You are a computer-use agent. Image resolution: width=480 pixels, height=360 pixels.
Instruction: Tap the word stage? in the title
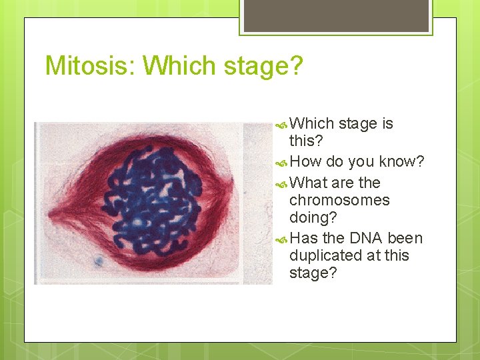click(x=263, y=67)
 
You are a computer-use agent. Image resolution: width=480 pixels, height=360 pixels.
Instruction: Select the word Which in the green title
click(x=179, y=65)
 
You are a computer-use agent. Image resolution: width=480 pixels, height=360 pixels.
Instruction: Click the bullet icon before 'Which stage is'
click(x=281, y=125)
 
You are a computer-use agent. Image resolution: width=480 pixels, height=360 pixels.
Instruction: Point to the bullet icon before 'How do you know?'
click(x=281, y=163)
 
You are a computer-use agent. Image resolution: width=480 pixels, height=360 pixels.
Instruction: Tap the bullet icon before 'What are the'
click(x=281, y=184)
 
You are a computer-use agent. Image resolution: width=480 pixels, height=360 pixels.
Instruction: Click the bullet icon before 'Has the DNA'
click(x=281, y=240)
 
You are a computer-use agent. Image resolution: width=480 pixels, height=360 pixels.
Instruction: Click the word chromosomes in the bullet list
click(x=339, y=200)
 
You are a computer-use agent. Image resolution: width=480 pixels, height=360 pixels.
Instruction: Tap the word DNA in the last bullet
click(x=365, y=238)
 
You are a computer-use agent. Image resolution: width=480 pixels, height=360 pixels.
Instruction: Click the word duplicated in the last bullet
click(x=326, y=255)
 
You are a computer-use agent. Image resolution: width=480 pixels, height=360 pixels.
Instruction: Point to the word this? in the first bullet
click(x=306, y=141)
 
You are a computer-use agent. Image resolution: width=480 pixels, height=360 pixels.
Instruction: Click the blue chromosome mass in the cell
click(x=151, y=201)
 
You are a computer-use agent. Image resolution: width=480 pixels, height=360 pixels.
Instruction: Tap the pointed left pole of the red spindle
click(x=49, y=214)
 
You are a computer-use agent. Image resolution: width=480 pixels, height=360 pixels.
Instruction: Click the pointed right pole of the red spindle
click(x=232, y=183)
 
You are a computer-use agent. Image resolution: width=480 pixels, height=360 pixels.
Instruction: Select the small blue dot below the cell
click(x=99, y=261)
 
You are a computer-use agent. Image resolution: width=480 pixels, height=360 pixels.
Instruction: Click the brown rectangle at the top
click(x=336, y=16)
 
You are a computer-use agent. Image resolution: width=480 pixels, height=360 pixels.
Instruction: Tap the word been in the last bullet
click(x=405, y=238)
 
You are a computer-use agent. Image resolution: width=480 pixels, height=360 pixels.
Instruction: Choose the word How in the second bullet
click(x=305, y=161)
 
